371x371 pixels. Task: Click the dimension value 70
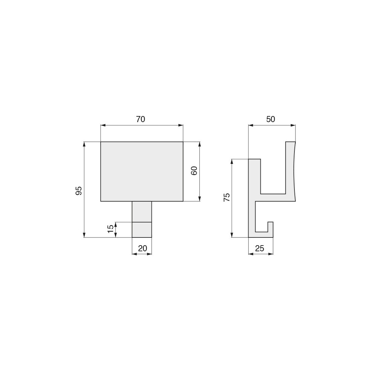coord(141,119)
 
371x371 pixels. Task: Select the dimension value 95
coord(79,191)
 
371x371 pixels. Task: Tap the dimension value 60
coord(194,171)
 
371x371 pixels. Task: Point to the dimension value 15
coord(111,229)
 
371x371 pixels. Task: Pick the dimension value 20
coord(142,248)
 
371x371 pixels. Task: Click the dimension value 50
coord(271,119)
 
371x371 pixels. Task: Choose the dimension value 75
coord(227,197)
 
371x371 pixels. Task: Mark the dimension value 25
coord(260,248)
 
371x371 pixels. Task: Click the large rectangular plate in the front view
coord(142,172)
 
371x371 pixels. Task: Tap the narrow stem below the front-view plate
coord(142,219)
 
